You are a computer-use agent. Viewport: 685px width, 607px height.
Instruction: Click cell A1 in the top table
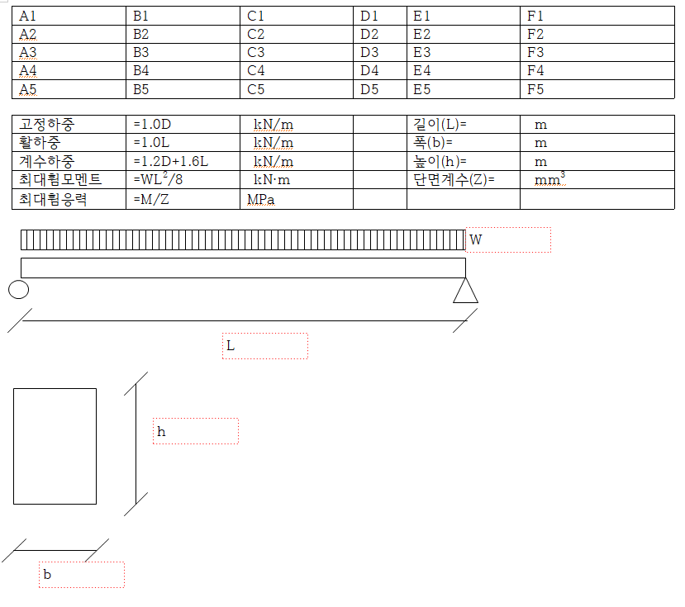(x=28, y=16)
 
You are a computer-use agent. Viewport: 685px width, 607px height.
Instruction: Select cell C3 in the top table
(x=256, y=52)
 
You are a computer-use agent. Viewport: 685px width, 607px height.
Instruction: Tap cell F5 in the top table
(x=535, y=89)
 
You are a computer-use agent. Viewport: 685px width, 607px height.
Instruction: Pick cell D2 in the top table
(x=369, y=34)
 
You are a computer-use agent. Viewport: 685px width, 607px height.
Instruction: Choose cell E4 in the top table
(x=422, y=71)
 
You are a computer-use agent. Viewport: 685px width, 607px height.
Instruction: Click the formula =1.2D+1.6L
(x=170, y=162)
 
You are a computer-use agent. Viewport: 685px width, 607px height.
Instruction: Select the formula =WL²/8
(x=158, y=179)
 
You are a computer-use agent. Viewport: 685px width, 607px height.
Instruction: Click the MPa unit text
(x=261, y=200)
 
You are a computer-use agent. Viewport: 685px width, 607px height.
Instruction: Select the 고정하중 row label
(x=47, y=125)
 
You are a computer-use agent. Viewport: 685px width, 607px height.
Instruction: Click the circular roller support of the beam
(x=18, y=289)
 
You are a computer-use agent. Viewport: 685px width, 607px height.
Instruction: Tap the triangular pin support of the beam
(x=465, y=292)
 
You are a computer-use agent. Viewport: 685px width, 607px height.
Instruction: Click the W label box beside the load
(x=508, y=240)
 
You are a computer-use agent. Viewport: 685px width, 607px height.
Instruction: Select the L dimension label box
(x=265, y=346)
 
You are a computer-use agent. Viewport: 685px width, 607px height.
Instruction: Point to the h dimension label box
(x=196, y=431)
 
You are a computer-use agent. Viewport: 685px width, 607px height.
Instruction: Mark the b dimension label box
(x=82, y=575)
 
